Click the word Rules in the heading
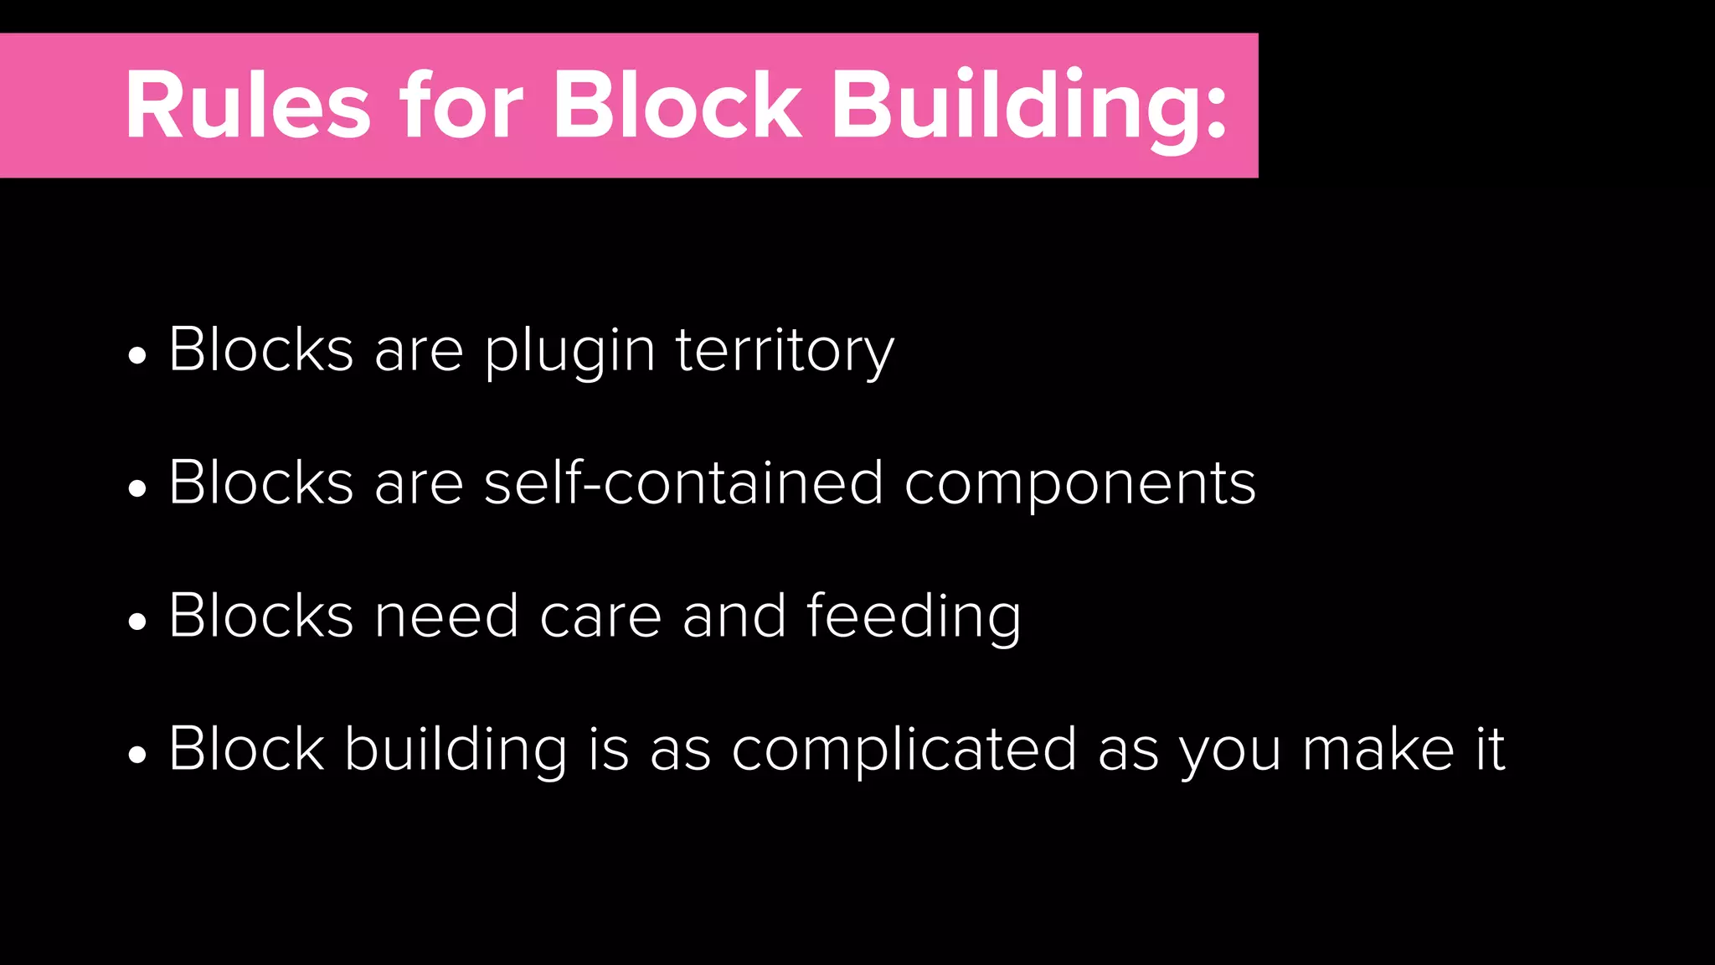click(248, 106)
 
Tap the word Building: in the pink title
click(1029, 109)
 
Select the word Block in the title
click(677, 106)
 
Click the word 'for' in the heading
click(461, 106)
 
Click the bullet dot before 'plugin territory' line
click(137, 355)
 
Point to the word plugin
click(569, 352)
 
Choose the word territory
click(785, 352)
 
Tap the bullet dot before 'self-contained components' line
click(137, 488)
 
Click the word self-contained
click(683, 483)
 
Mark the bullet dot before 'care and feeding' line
click(137, 622)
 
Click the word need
click(445, 617)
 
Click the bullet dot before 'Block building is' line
click(137, 755)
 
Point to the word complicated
click(904, 751)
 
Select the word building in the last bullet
click(456, 751)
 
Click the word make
click(1378, 750)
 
